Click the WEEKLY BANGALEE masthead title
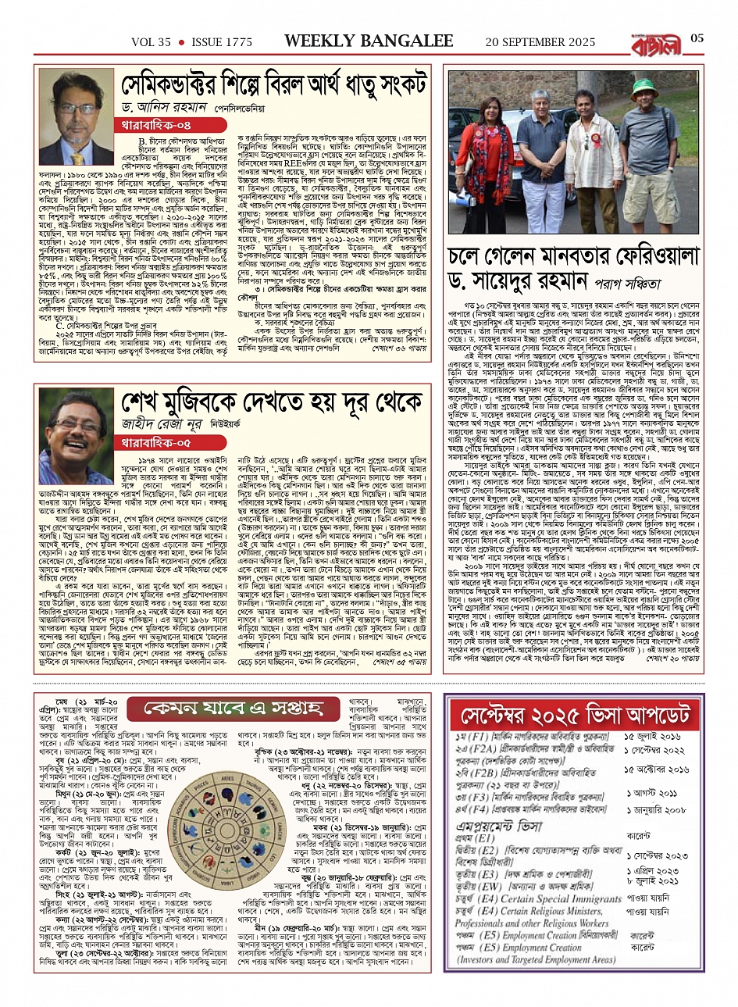pos(369,41)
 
